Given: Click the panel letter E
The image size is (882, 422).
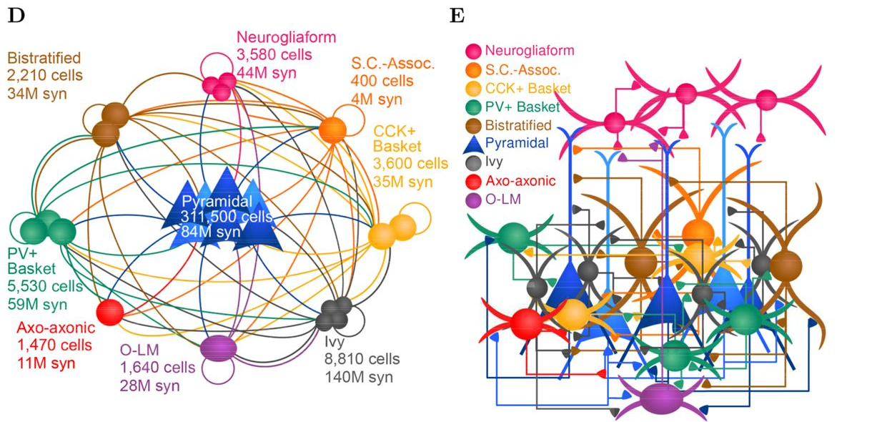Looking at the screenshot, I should pos(457,16).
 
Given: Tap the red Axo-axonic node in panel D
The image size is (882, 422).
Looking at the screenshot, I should pos(110,313).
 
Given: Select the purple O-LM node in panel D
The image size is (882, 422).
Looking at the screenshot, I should pos(218,348).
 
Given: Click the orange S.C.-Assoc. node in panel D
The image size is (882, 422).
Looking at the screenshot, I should pos(332,129).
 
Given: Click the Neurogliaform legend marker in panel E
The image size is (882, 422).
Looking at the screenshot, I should pos(474,51).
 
